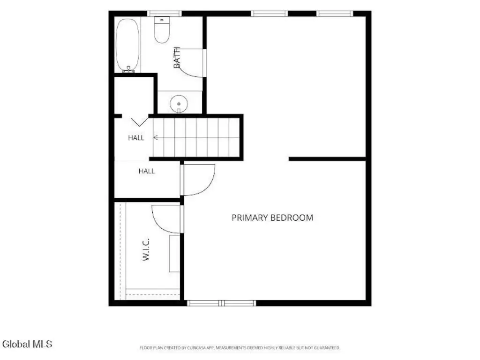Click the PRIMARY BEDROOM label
[272, 217]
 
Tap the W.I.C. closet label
[146, 249]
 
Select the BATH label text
[177, 58]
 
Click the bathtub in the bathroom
[127, 45]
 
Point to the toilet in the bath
[162, 30]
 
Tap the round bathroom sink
[179, 104]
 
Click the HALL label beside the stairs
[136, 138]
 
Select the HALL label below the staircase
[147, 171]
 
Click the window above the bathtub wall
[165, 14]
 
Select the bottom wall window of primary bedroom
[221, 303]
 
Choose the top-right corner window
[335, 14]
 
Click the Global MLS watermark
[27, 344]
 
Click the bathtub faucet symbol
[128, 69]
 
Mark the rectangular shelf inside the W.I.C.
[175, 254]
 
